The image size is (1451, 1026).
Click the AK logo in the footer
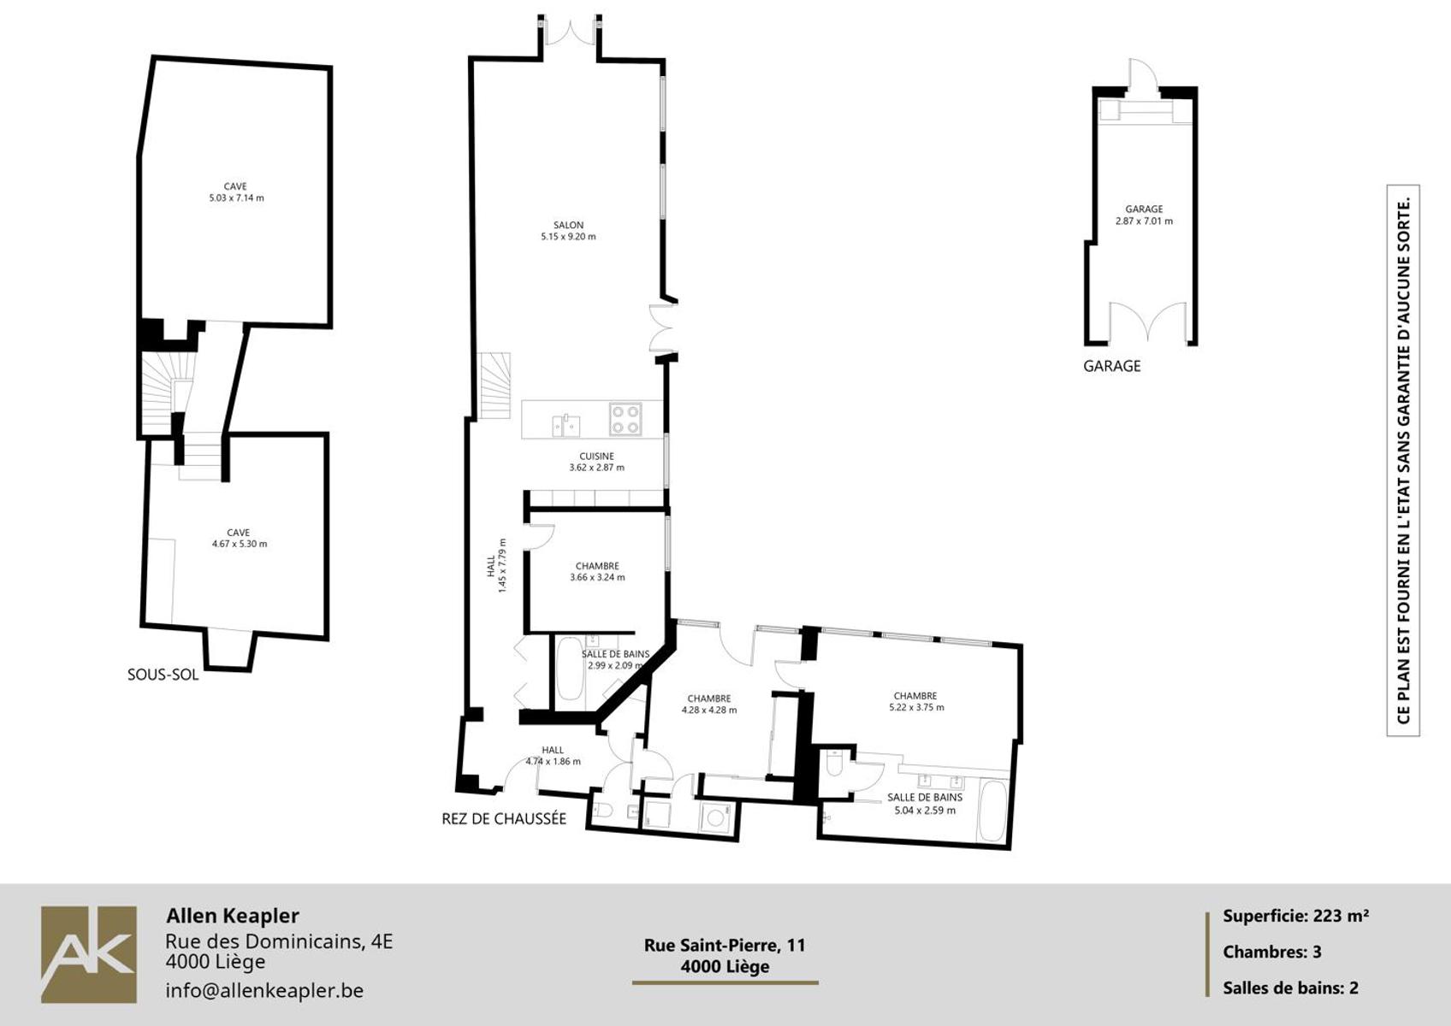click(x=89, y=955)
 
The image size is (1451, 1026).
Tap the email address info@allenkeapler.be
click(x=264, y=990)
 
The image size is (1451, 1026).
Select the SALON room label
click(x=568, y=225)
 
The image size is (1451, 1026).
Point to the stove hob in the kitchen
click(x=625, y=419)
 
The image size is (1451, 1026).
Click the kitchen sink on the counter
click(x=566, y=425)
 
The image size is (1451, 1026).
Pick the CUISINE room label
click(x=596, y=457)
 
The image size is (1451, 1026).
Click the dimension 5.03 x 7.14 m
click(x=236, y=198)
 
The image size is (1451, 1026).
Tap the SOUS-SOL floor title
click(x=163, y=675)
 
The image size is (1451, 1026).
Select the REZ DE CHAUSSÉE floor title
click(x=504, y=819)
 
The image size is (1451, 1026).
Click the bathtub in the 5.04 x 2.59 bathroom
click(x=993, y=811)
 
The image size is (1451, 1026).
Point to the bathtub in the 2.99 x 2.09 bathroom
click(x=570, y=669)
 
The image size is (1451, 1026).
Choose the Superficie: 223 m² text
click(x=1295, y=916)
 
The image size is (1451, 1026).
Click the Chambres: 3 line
click(x=1271, y=952)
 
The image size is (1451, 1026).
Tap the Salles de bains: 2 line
click(x=1290, y=988)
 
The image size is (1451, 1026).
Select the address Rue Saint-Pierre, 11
click(x=725, y=945)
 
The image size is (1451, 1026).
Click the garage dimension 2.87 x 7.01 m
click(x=1144, y=221)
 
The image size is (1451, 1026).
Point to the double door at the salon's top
click(x=570, y=32)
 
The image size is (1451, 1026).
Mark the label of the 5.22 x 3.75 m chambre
click(x=915, y=696)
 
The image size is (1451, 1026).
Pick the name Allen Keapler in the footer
click(x=233, y=916)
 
